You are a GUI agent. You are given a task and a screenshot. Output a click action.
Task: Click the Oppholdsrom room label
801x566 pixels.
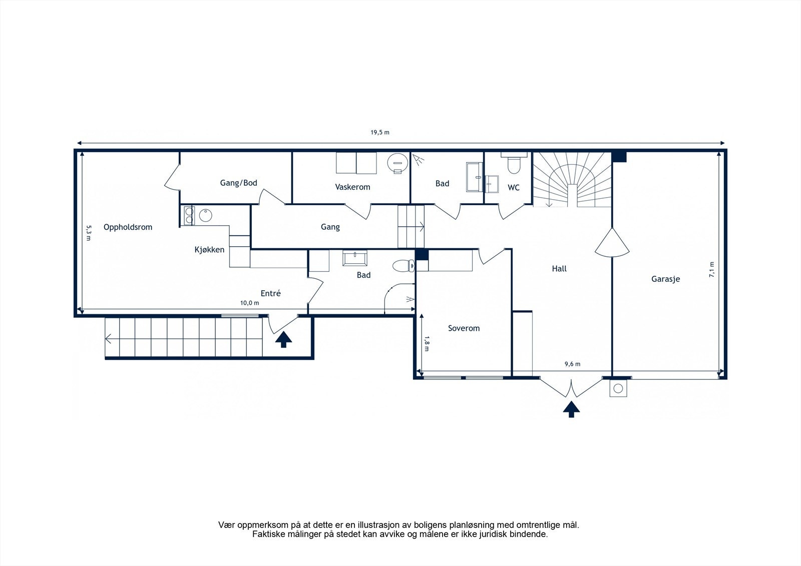(128, 227)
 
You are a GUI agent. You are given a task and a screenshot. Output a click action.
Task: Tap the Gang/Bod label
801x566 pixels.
(238, 183)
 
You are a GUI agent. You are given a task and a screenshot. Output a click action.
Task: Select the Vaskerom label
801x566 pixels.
(352, 187)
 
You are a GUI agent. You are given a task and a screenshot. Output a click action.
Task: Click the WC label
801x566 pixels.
(514, 188)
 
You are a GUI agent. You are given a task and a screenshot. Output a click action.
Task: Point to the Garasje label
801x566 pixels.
(665, 279)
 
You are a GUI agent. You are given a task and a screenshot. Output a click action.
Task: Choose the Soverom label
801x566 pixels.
(464, 328)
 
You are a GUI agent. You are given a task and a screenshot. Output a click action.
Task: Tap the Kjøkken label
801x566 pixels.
(210, 250)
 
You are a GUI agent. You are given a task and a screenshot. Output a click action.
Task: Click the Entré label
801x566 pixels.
(271, 294)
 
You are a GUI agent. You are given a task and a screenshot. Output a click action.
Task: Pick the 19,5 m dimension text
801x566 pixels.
(380, 133)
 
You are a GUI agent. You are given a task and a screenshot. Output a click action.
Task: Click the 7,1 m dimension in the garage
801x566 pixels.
(712, 270)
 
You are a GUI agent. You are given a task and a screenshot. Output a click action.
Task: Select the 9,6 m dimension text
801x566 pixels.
(573, 364)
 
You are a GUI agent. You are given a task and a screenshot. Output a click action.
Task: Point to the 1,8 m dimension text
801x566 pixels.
(426, 344)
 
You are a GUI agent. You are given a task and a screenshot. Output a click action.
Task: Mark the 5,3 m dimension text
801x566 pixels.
(89, 233)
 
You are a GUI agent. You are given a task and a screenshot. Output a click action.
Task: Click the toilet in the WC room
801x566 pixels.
(514, 164)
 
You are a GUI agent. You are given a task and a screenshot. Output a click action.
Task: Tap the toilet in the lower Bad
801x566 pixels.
(404, 266)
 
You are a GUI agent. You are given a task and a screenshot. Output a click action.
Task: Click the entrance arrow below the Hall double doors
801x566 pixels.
(571, 409)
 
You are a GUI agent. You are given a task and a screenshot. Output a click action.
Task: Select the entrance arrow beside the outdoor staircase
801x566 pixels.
(283, 340)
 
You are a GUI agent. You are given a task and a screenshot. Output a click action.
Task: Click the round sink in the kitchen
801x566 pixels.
(206, 216)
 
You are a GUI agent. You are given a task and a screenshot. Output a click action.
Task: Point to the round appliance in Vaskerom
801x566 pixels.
(397, 164)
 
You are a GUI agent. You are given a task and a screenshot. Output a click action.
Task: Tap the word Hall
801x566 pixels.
(559, 269)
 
